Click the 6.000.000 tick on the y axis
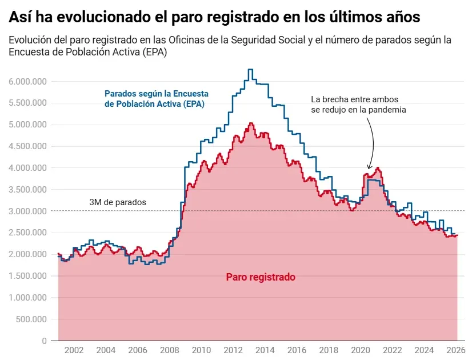(27, 81)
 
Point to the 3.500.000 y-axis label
(27, 190)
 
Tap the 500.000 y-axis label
(31, 319)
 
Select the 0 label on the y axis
(43, 341)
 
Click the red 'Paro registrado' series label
(261, 277)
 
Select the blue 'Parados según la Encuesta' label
(157, 93)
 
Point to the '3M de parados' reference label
(118, 202)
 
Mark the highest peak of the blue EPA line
(250, 70)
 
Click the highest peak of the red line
(250, 123)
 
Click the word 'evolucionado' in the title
(94, 17)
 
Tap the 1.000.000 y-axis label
(27, 298)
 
